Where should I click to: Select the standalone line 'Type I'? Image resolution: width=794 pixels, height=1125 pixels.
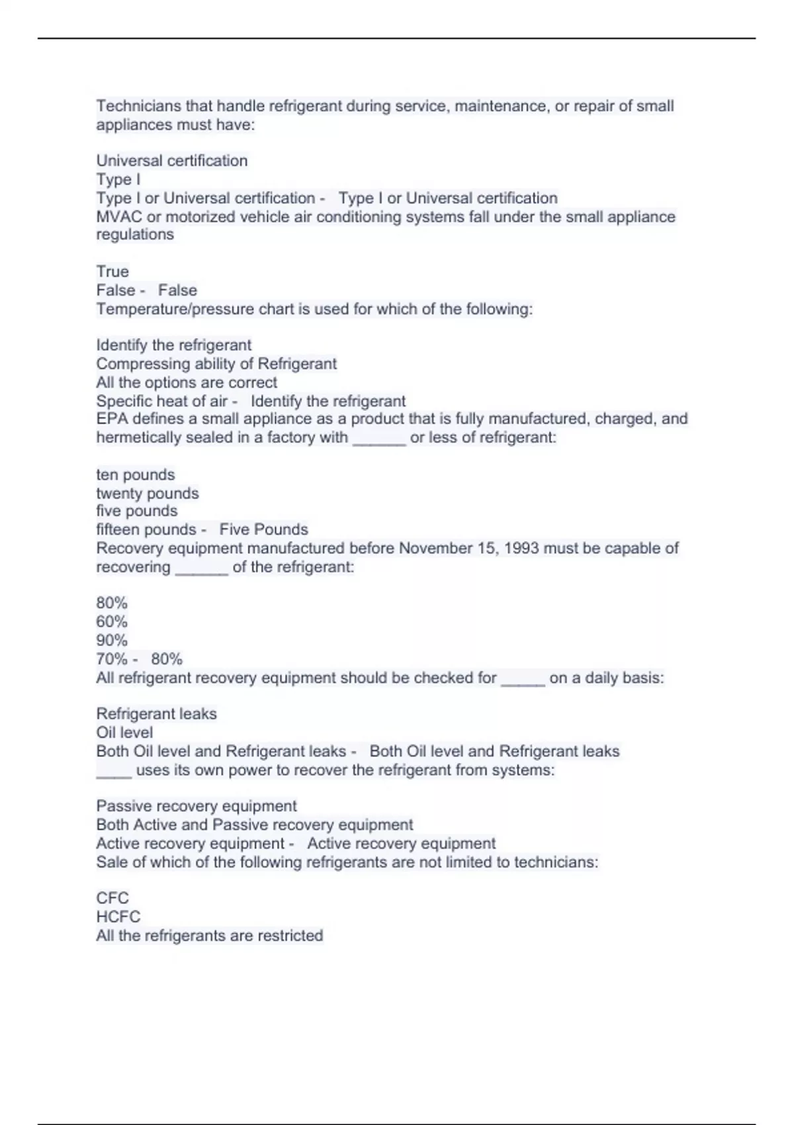pyautogui.click(x=118, y=179)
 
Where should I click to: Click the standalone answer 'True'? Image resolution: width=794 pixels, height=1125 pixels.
pyautogui.click(x=112, y=271)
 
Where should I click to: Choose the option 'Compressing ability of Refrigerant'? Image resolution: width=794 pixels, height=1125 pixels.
pyautogui.click(x=216, y=363)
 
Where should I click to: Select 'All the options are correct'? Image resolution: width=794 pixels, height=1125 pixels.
pyautogui.click(x=187, y=382)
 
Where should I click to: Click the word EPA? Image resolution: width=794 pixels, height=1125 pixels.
pyautogui.click(x=112, y=419)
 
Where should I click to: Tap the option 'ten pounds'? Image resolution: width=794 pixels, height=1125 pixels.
pyautogui.click(x=136, y=474)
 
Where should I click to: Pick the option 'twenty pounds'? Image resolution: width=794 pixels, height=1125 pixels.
pyautogui.click(x=148, y=493)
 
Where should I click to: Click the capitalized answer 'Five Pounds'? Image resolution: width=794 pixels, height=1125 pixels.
pyautogui.click(x=263, y=529)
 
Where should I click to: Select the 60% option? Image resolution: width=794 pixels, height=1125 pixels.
pyautogui.click(x=112, y=621)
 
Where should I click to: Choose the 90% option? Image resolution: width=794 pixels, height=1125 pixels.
pyautogui.click(x=112, y=640)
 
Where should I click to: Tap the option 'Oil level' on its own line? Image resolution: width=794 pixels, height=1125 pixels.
pyautogui.click(x=124, y=733)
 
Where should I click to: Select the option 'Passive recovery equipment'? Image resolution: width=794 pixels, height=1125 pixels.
pyautogui.click(x=197, y=806)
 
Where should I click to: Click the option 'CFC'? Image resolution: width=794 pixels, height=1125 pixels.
pyautogui.click(x=112, y=898)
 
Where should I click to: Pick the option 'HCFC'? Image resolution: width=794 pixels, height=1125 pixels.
pyautogui.click(x=118, y=917)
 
